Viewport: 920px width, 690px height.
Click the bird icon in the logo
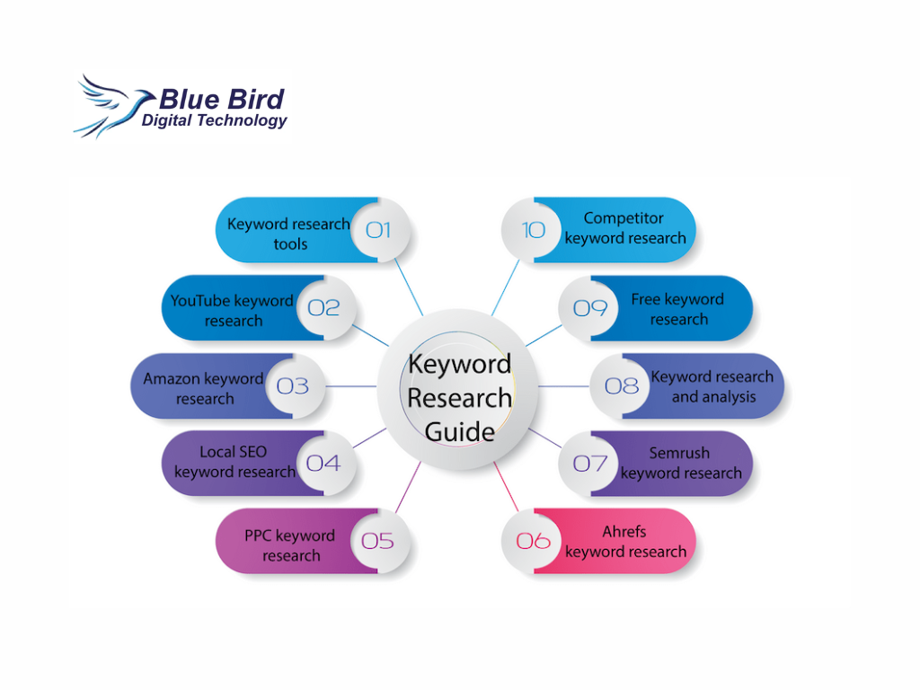click(x=111, y=107)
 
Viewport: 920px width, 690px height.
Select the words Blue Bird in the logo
click(x=222, y=99)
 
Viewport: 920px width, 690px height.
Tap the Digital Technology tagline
click(x=214, y=121)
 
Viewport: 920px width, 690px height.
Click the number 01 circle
click(x=378, y=230)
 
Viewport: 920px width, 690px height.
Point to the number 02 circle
click(x=323, y=308)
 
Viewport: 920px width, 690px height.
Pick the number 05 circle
click(x=378, y=541)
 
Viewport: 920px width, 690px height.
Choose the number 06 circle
click(x=533, y=541)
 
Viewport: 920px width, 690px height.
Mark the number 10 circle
click(x=533, y=230)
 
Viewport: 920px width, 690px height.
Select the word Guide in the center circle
click(x=459, y=432)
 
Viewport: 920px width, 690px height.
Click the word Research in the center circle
click(x=459, y=398)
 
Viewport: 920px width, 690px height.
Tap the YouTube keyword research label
click(x=233, y=310)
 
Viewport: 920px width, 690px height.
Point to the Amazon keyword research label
click(x=204, y=388)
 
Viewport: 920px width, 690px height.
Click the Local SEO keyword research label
click(x=234, y=462)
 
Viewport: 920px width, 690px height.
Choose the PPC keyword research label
click(x=290, y=545)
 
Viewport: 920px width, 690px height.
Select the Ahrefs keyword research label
click(x=625, y=542)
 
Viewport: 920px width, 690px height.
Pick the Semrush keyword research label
click(x=681, y=463)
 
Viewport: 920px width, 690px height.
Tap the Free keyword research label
click(x=678, y=309)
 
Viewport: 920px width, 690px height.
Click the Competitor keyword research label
click(x=625, y=228)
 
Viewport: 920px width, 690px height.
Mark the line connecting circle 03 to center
click(x=351, y=386)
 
